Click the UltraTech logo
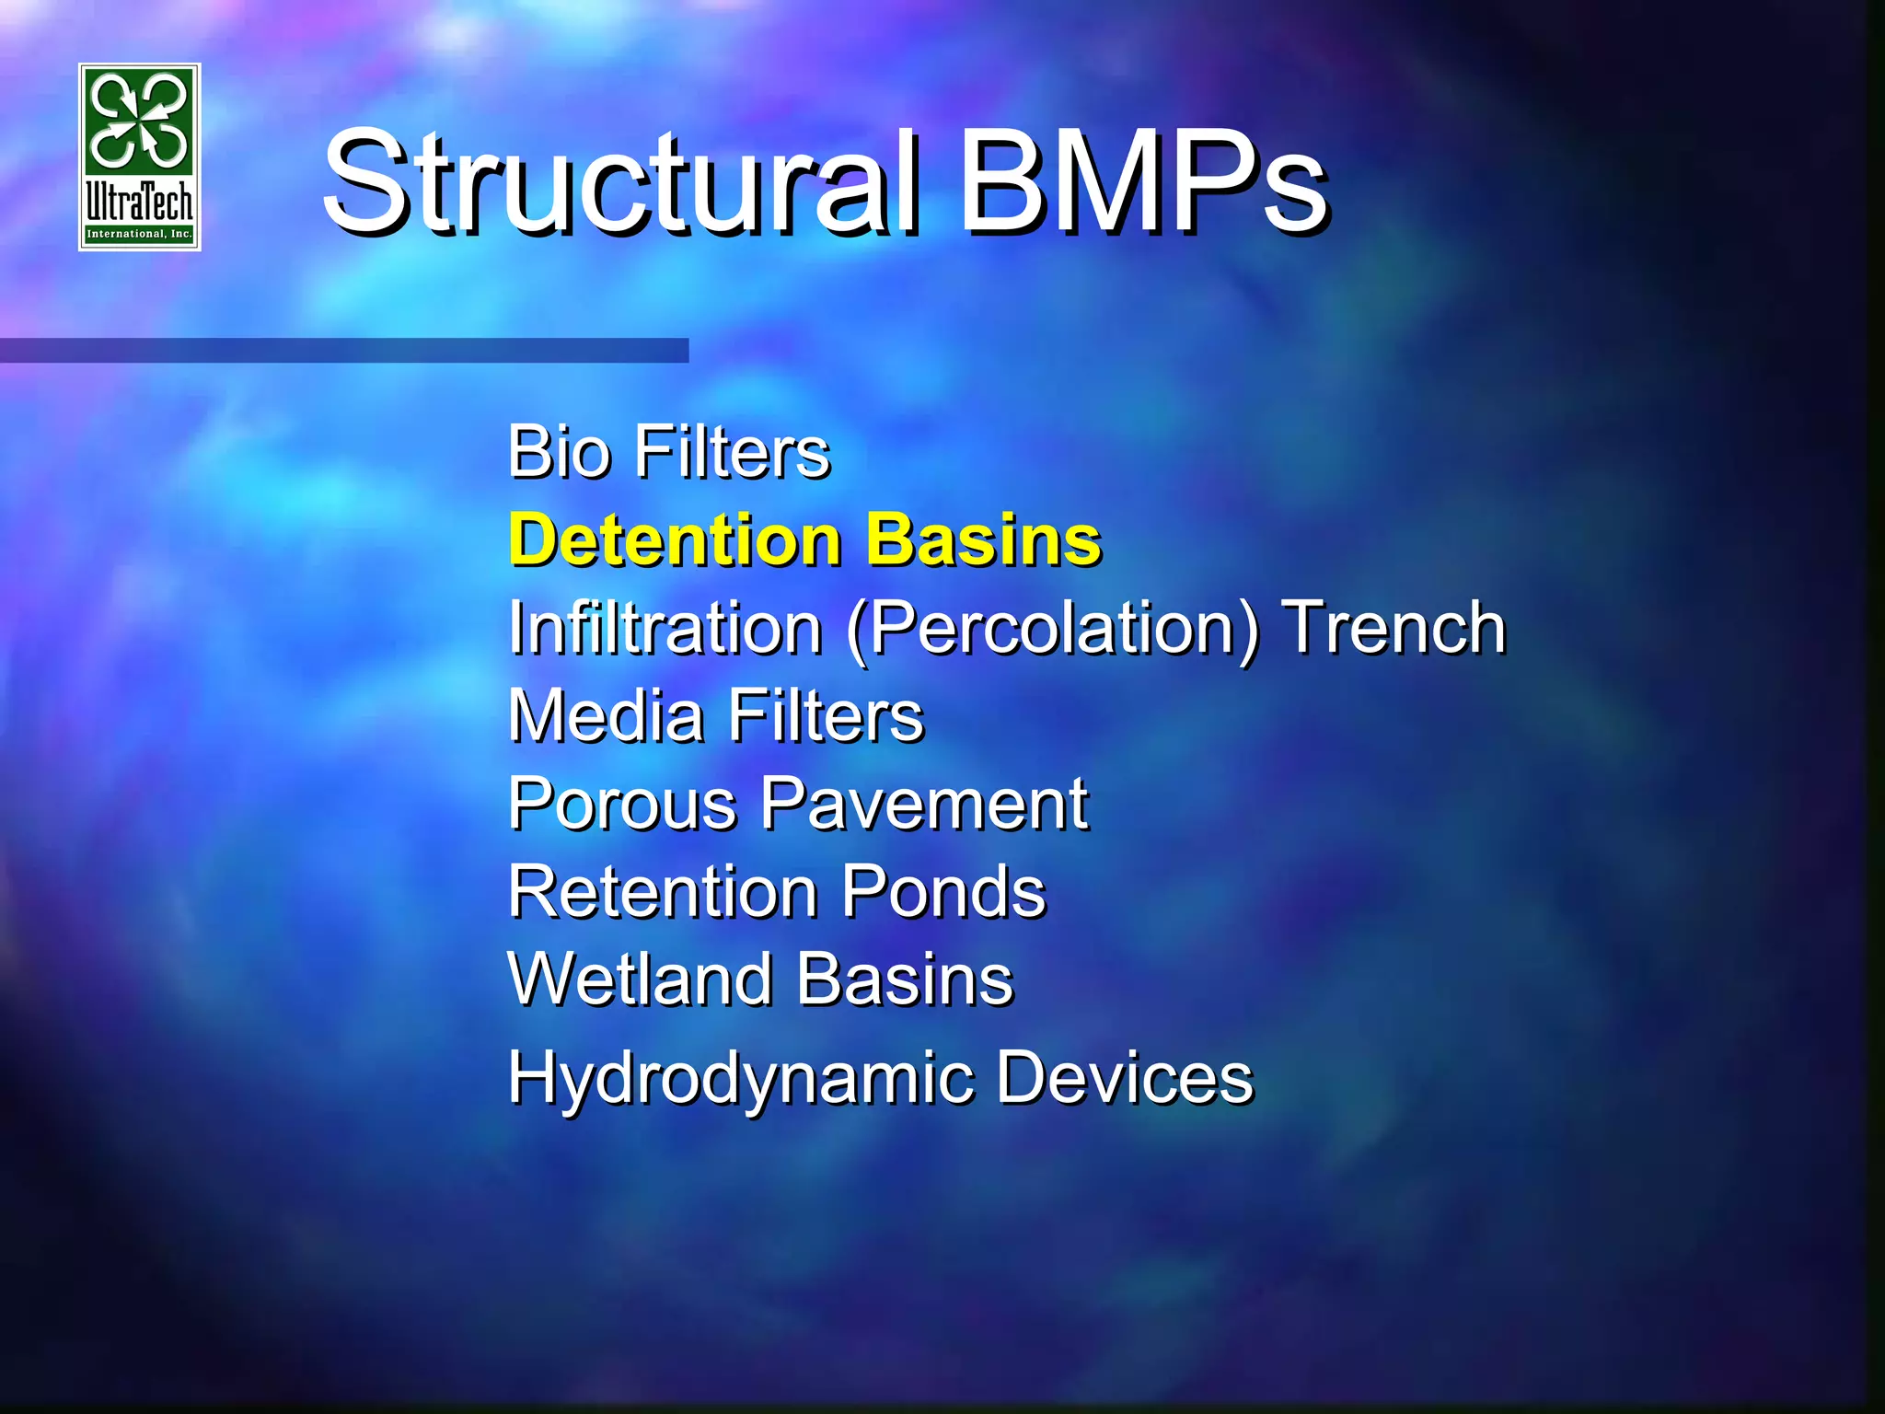click(140, 156)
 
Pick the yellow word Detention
click(675, 539)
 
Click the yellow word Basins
click(984, 539)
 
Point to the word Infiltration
click(665, 629)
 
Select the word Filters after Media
click(826, 715)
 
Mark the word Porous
click(623, 804)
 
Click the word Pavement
click(925, 804)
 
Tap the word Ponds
click(943, 891)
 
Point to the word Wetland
click(639, 979)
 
